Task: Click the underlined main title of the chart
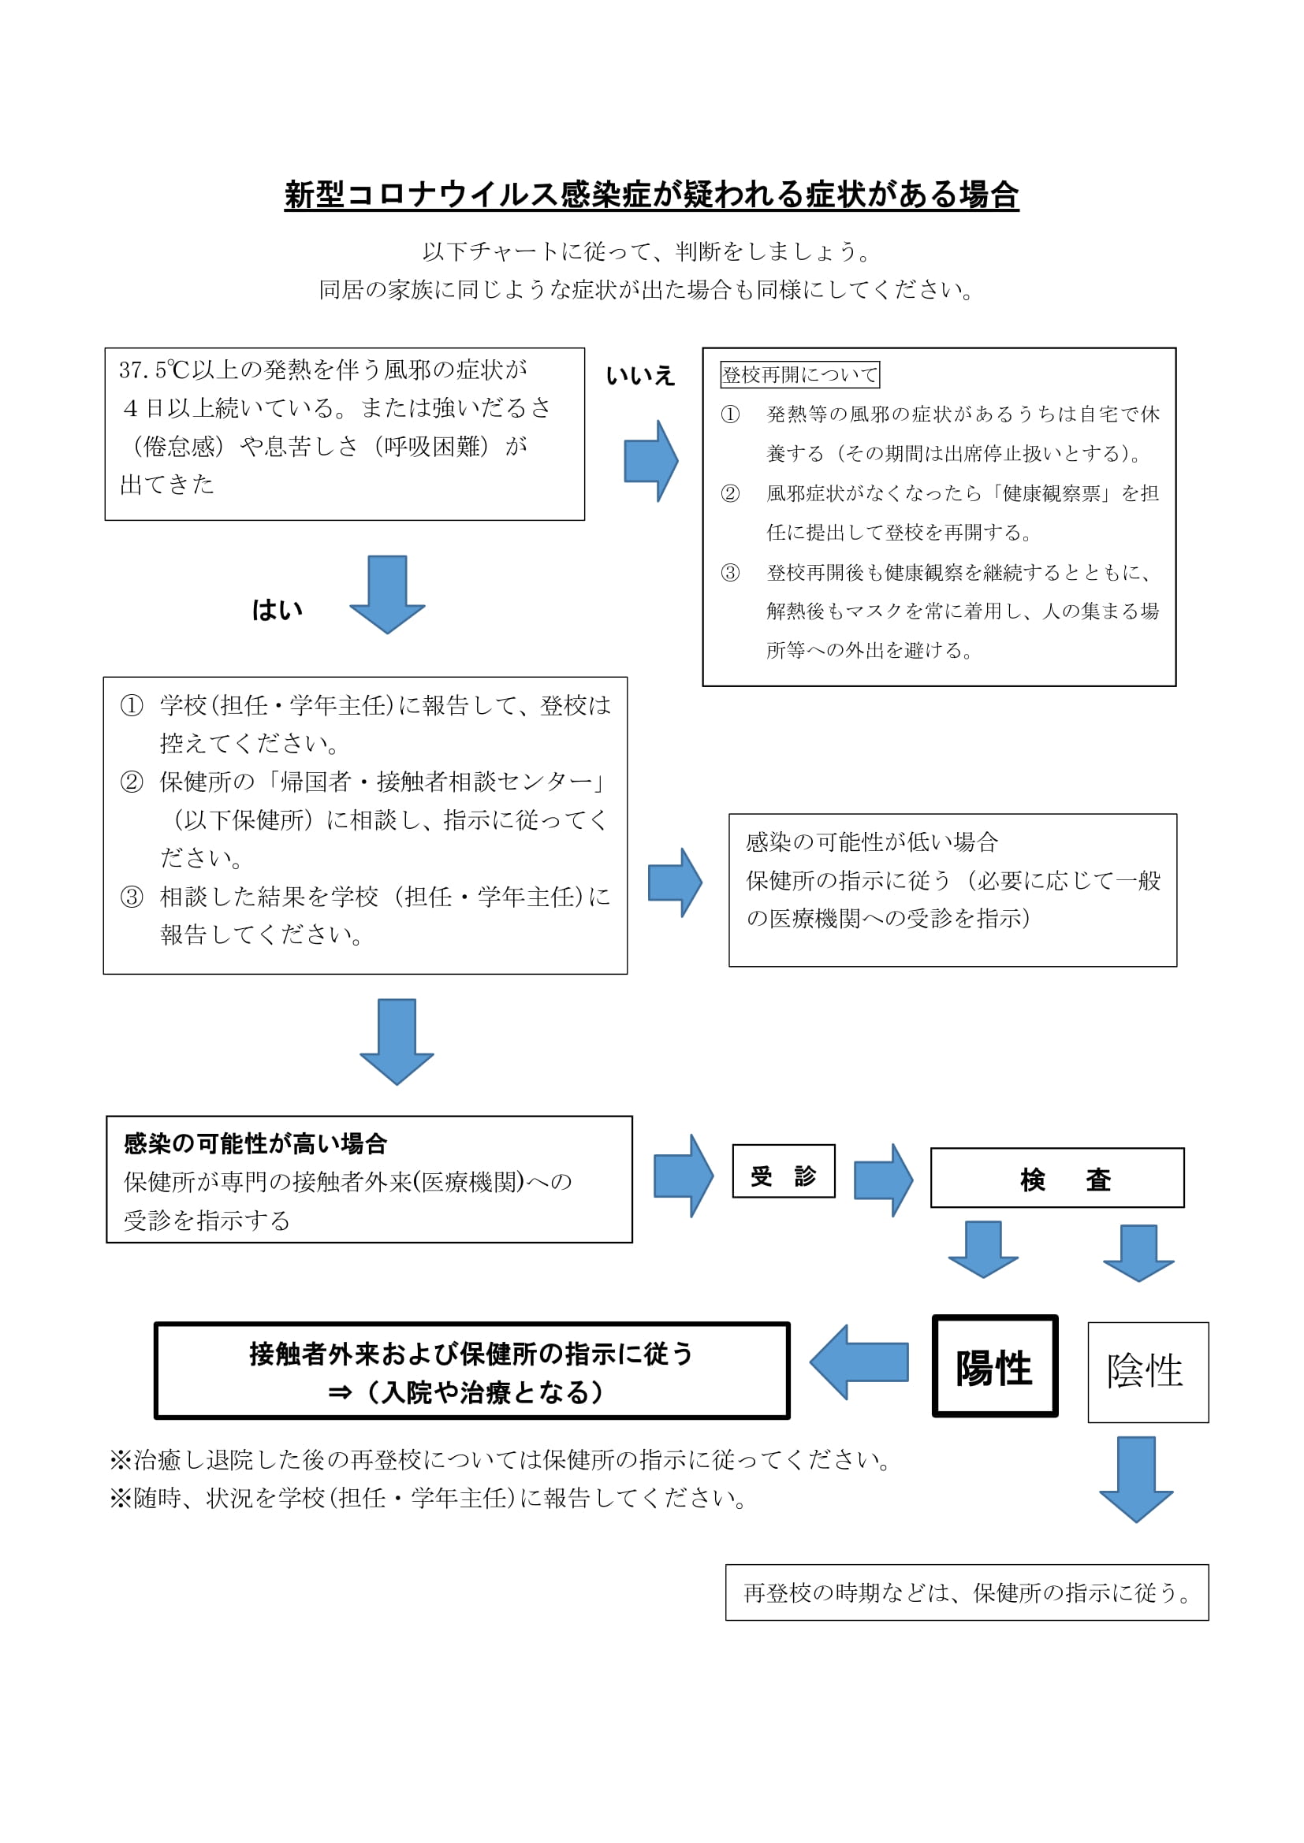(651, 195)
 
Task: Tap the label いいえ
(640, 376)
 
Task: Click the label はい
(277, 610)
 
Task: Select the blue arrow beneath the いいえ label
(651, 461)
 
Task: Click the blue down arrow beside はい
(387, 593)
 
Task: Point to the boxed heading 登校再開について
(799, 375)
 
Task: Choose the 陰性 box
(1147, 1372)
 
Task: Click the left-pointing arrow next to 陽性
(859, 1362)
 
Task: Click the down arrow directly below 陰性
(1136, 1478)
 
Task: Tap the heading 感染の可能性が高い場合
(255, 1144)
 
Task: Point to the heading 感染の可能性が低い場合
(872, 842)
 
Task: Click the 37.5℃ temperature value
(154, 370)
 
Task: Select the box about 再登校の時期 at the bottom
(967, 1592)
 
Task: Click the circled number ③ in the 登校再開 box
(730, 572)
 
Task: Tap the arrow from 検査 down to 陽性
(983, 1249)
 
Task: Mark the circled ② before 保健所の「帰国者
(132, 781)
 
